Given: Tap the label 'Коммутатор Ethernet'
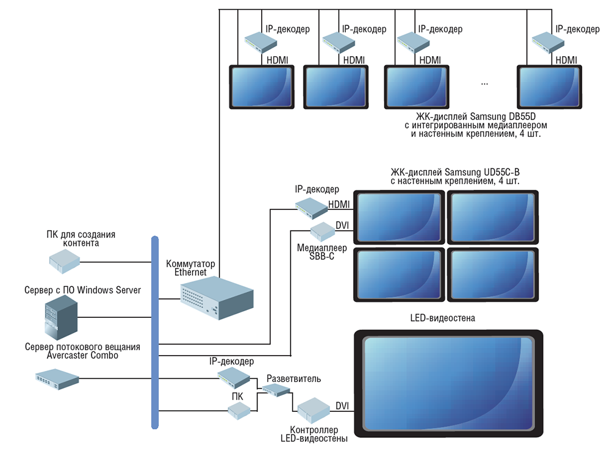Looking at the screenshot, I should point(190,268).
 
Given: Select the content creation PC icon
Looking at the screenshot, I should point(65,262).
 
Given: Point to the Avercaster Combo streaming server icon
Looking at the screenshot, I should point(57,379).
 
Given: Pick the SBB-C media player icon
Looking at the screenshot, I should point(321,231).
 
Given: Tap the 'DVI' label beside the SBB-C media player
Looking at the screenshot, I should point(342,226).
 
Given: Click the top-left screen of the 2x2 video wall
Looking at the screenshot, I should point(400,217).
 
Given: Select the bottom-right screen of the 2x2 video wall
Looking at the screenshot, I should point(493,274).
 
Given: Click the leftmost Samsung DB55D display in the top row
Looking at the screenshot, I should point(261,87).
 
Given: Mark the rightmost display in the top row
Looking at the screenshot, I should point(549,87).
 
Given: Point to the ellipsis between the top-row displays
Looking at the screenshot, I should point(484,82).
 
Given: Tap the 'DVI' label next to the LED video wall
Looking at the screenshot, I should point(342,406).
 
